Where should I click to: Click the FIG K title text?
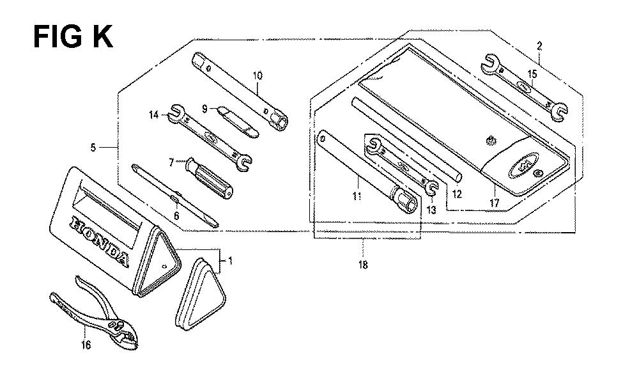73,36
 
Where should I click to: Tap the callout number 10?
258,76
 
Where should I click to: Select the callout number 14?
153,115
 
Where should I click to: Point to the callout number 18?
363,265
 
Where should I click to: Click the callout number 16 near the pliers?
86,345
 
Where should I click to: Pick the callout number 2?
539,46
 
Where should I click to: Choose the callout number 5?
93,147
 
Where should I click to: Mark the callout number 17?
495,203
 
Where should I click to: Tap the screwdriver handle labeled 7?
209,178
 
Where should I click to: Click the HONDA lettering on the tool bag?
100,240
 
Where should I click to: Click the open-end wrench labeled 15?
524,88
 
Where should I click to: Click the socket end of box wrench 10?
277,120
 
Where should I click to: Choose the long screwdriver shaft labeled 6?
175,195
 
